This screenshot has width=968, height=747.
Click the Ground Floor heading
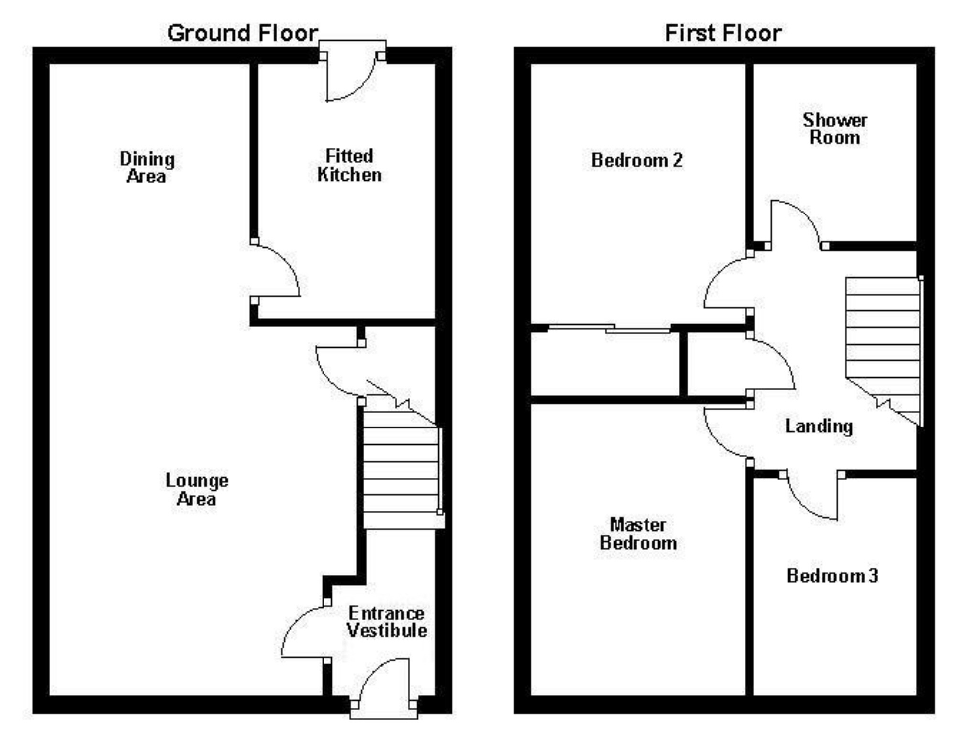click(x=242, y=33)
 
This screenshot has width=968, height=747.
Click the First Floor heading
click(x=723, y=33)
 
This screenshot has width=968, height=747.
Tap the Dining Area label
click(x=147, y=167)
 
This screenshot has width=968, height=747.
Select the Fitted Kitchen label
click(x=349, y=165)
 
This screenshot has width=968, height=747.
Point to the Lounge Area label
click(x=196, y=489)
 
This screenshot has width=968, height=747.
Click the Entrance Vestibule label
click(x=387, y=622)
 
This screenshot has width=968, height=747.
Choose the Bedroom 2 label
click(x=637, y=160)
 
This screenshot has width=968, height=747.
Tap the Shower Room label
click(x=835, y=129)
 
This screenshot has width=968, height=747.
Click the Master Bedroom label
click(x=638, y=534)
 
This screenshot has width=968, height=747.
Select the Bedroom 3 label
click(x=832, y=575)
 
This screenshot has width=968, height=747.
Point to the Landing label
click(x=819, y=426)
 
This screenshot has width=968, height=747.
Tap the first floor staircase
click(x=882, y=335)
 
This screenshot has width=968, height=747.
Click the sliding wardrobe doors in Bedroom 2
click(x=609, y=329)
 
